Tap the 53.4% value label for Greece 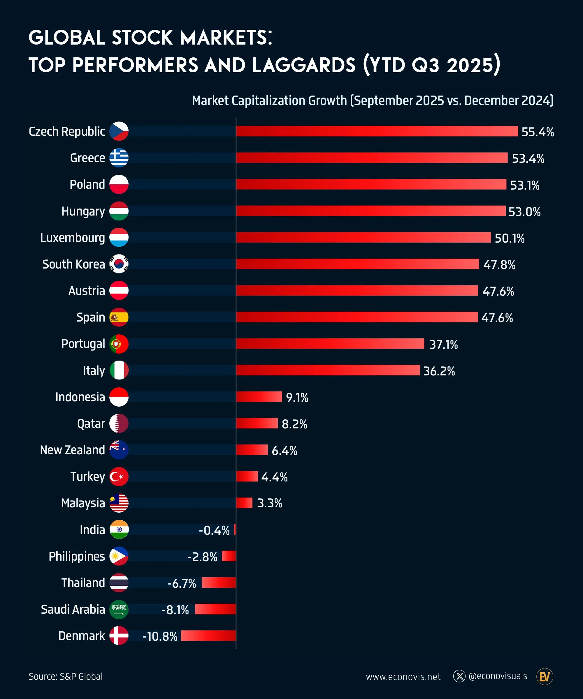pos(528,158)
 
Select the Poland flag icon pos(119,184)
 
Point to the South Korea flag pos(119,264)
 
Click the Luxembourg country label pos(72,238)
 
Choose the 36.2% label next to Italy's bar pos(439,371)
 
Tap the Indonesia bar pos(259,397)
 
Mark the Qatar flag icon pos(119,423)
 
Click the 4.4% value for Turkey pos(274,477)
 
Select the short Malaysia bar pos(244,503)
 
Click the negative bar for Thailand pos(219,582)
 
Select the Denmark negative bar pos(208,636)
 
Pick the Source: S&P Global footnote pos(66,677)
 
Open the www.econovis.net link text pos(403,677)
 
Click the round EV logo pos(545,676)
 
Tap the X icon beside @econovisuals pos(459,676)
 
